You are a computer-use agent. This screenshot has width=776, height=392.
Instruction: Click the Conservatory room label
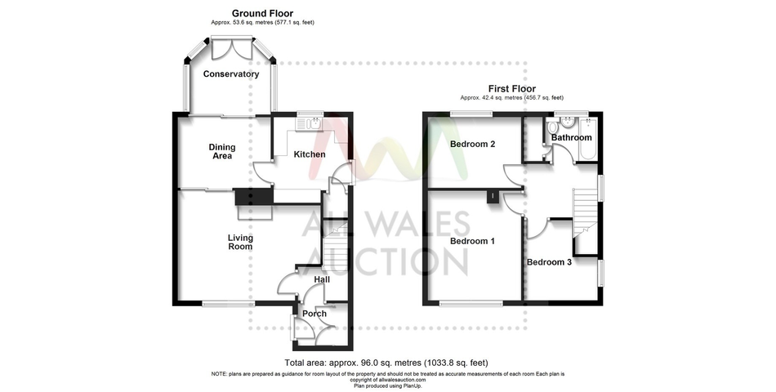231,74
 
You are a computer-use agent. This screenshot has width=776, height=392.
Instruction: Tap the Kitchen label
310,154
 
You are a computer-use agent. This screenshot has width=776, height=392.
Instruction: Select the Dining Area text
222,151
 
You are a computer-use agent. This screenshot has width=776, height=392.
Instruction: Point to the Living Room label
240,242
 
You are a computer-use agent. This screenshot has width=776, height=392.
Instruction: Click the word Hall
322,279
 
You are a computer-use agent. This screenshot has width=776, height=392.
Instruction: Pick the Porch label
314,314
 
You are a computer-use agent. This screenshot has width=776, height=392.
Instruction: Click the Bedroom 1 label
472,241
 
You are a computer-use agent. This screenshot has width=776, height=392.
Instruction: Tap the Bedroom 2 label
473,145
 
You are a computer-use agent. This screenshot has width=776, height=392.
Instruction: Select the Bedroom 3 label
549,262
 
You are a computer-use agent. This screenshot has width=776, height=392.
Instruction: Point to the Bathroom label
571,137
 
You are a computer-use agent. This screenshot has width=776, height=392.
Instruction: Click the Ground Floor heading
262,13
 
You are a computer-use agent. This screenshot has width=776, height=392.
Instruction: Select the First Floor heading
511,89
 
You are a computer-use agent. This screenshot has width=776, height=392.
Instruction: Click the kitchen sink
310,124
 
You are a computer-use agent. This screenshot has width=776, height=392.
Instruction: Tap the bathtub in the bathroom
588,139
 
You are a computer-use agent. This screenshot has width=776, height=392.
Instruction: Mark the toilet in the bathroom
553,127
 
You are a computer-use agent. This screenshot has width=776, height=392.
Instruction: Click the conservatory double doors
232,48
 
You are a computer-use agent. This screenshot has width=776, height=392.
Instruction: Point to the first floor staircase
586,213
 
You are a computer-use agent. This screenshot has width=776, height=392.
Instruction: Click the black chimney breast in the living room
254,197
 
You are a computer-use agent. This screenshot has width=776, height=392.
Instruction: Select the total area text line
386,363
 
